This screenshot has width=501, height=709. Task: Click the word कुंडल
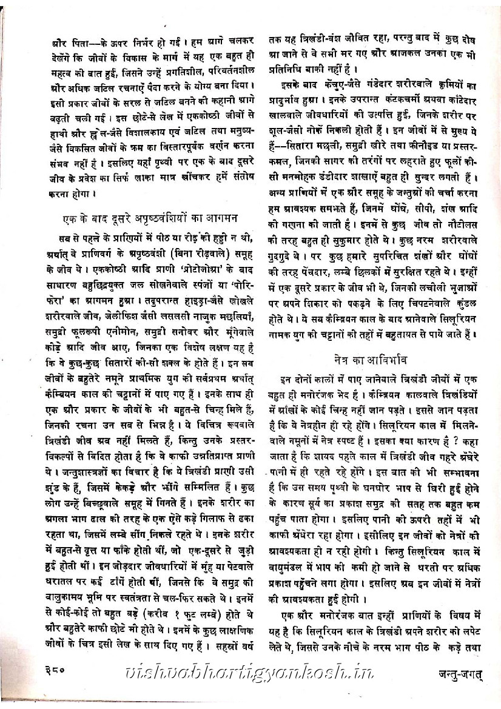tap(468, 300)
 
